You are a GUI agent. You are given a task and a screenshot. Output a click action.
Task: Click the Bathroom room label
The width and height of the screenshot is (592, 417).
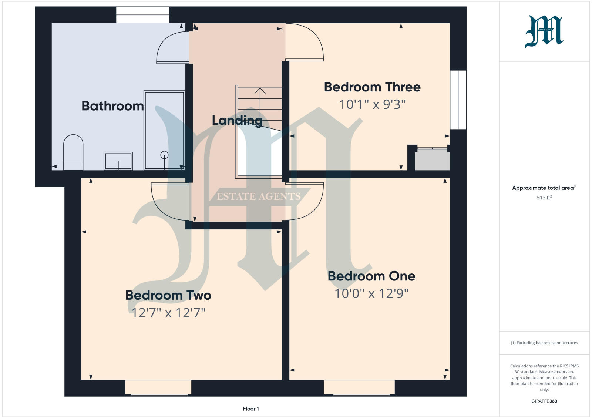(x=112, y=106)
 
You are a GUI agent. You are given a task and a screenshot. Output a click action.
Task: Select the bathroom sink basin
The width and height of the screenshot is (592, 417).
(x=118, y=161)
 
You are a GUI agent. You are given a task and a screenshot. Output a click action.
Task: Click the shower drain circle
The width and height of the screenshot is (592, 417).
(x=164, y=155)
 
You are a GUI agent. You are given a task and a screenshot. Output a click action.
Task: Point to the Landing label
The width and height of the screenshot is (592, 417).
(x=237, y=120)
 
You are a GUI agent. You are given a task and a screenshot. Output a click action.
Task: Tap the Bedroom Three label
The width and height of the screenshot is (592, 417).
(x=372, y=87)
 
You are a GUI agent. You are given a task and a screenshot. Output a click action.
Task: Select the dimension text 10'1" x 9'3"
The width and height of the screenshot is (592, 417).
(x=372, y=105)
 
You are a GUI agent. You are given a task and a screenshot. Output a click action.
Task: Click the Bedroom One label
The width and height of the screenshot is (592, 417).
(x=371, y=276)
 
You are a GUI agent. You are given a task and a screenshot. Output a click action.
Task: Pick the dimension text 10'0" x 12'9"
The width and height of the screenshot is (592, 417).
(x=371, y=294)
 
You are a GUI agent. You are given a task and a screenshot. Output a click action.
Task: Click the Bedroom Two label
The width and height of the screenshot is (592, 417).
(x=168, y=295)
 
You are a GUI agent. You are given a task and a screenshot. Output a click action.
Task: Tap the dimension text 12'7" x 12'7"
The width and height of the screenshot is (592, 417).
(x=168, y=313)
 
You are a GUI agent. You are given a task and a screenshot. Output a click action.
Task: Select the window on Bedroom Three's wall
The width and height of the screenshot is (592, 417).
(x=458, y=100)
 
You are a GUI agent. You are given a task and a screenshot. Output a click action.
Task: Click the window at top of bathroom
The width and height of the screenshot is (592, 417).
(x=142, y=15)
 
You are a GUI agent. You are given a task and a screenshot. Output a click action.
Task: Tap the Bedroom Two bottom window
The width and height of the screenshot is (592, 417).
(x=158, y=387)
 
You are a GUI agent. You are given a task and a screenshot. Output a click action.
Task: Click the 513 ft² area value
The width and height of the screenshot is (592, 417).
(x=544, y=198)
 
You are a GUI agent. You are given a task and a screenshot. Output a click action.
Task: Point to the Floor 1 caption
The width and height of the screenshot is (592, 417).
(x=251, y=409)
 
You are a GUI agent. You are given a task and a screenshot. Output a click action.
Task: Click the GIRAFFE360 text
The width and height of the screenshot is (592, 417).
(x=544, y=401)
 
